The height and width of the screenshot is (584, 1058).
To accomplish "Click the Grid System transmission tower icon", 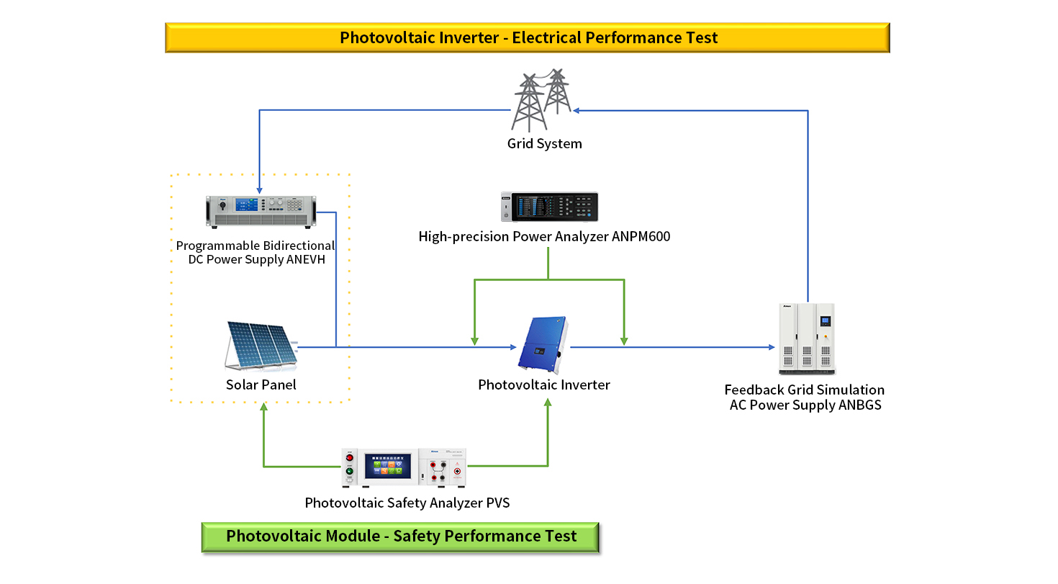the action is (x=541, y=99).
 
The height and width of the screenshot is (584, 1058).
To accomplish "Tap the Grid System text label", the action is (x=544, y=143).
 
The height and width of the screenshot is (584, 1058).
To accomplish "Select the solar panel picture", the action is (x=261, y=346).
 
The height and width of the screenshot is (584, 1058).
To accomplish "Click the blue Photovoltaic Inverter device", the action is (x=543, y=344).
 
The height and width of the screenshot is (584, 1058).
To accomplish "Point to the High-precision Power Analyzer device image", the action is (x=549, y=207).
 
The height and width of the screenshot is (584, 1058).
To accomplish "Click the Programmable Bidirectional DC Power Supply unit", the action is (x=261, y=212).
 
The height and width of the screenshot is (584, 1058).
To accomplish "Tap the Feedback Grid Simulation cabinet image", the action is (x=807, y=338).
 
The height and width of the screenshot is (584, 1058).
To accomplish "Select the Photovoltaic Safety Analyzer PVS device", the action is (x=404, y=467).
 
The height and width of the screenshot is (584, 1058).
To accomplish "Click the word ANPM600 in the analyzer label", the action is (x=641, y=236).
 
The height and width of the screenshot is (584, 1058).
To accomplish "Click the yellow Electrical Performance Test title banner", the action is (x=528, y=37).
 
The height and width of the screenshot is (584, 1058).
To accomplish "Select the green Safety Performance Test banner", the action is (x=400, y=536).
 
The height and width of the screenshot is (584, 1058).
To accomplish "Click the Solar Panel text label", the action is (x=261, y=385).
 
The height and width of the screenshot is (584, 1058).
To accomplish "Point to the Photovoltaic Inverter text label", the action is (x=543, y=385).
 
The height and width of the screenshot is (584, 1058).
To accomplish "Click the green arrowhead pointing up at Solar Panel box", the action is (x=263, y=406).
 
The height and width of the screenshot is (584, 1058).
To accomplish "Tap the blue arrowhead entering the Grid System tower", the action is (x=577, y=111).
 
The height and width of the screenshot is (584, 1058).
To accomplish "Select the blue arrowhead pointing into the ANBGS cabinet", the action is (x=772, y=347).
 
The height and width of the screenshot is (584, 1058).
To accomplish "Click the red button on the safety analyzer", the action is (x=350, y=458).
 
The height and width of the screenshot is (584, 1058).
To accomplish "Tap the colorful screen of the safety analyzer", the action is (x=388, y=465).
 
